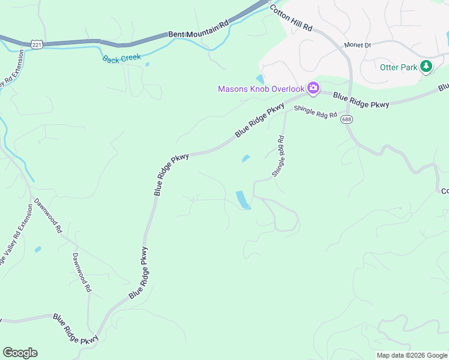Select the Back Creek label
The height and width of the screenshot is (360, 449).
(x=121, y=58)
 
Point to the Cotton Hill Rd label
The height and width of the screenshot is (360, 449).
(x=291, y=19)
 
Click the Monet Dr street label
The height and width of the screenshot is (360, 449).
(x=358, y=45)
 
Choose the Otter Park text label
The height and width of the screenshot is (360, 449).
(x=399, y=67)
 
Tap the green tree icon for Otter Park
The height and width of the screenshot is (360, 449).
(x=426, y=66)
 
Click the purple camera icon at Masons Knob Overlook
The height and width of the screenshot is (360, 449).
(x=313, y=89)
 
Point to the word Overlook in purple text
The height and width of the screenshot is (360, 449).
(x=288, y=89)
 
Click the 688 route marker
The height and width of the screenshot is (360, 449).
(x=347, y=119)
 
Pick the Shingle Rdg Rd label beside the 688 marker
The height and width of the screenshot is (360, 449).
(x=316, y=112)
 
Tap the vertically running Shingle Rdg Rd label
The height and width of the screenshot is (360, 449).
(x=278, y=156)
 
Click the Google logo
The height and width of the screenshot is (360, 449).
(x=20, y=353)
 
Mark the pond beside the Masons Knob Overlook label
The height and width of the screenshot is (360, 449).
(x=260, y=79)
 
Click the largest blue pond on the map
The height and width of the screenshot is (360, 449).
(x=243, y=200)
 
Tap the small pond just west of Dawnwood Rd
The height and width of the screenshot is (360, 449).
(x=38, y=249)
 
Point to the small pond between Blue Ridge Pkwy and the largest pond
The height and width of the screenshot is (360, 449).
(x=246, y=158)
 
